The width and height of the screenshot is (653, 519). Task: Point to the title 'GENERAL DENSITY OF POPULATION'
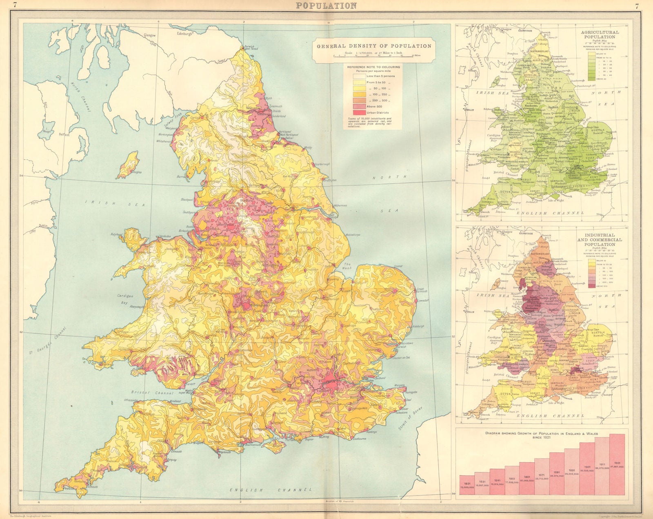[x=374, y=46]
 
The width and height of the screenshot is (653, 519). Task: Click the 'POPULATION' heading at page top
[x=326, y=5]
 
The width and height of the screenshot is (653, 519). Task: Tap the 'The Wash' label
[x=346, y=267]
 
